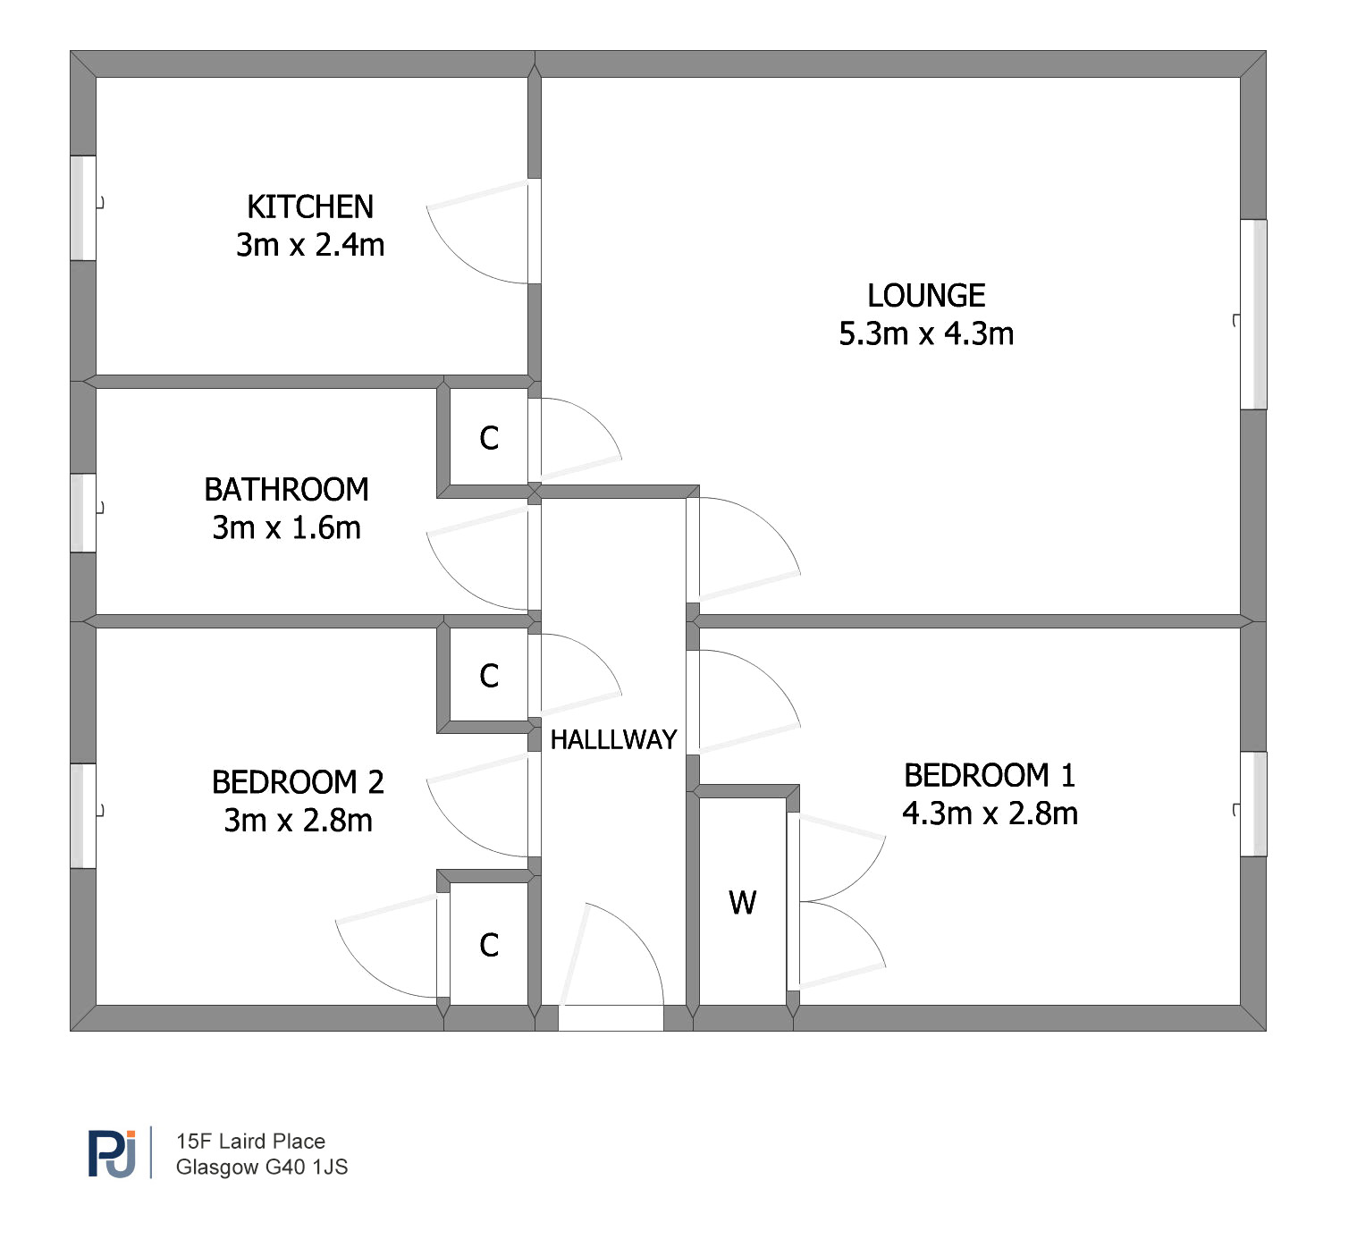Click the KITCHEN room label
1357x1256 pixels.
tap(310, 207)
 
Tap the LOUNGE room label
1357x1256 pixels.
tap(926, 296)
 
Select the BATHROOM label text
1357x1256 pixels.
tap(286, 490)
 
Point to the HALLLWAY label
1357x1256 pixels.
tap(613, 739)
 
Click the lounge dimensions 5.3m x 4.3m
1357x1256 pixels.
tap(926, 334)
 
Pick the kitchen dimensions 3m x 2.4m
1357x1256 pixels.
tap(310, 245)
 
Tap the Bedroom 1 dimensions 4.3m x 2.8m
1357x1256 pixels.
tap(990, 813)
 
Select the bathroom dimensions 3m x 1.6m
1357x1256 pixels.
tap(286, 528)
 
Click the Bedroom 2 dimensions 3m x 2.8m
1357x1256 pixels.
tap(298, 821)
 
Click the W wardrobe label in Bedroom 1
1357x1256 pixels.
tap(743, 903)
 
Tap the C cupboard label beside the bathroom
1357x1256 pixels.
tap(489, 438)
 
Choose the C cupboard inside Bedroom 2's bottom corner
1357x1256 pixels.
tap(489, 945)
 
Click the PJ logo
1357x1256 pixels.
tap(112, 1153)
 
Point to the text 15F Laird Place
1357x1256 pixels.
tap(251, 1142)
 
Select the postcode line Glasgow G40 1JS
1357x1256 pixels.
tap(262, 1167)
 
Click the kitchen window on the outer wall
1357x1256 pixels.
tap(83, 208)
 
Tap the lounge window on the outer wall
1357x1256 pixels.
tap(1254, 315)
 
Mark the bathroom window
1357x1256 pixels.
tap(83, 512)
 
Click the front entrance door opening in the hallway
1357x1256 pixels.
tap(611, 1018)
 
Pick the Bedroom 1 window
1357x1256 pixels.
tap(1254, 805)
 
